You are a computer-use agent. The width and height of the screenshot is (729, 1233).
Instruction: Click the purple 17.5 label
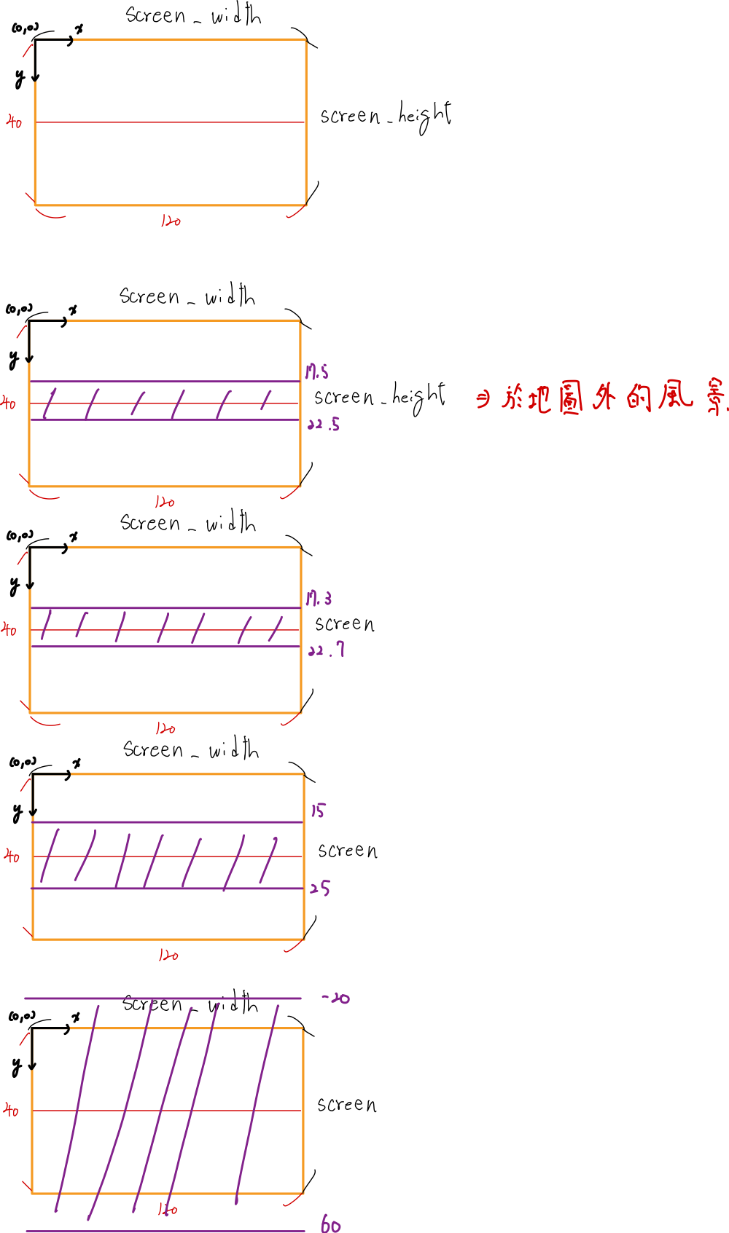(316, 372)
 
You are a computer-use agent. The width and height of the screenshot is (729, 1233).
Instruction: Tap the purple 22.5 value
(324, 424)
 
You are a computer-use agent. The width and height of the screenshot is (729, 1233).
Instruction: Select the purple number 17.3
(319, 599)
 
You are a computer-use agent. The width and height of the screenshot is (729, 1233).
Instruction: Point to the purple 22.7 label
(326, 650)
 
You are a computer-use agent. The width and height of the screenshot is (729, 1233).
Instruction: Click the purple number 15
(318, 811)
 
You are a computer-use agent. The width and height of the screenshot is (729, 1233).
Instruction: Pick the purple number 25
(320, 888)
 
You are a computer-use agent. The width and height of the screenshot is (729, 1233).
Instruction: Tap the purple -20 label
(335, 998)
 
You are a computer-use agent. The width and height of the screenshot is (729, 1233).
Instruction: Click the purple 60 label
(330, 1225)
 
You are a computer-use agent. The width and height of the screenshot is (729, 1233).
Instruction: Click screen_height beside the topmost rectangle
(386, 117)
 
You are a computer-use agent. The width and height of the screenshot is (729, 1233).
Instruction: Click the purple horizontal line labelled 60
(164, 1231)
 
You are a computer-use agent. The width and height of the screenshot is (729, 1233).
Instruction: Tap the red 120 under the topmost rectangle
(170, 220)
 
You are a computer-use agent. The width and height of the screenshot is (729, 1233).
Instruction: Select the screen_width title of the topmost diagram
(193, 15)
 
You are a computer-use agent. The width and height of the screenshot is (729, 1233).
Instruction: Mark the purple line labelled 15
(166, 822)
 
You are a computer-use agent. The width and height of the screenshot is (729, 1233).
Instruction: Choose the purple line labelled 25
(166, 889)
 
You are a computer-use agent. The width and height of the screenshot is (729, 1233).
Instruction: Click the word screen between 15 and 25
(348, 851)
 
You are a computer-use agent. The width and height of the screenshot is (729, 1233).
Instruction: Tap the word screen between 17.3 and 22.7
(345, 624)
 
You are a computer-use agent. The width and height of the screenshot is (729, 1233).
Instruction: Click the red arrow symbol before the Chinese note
(483, 399)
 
